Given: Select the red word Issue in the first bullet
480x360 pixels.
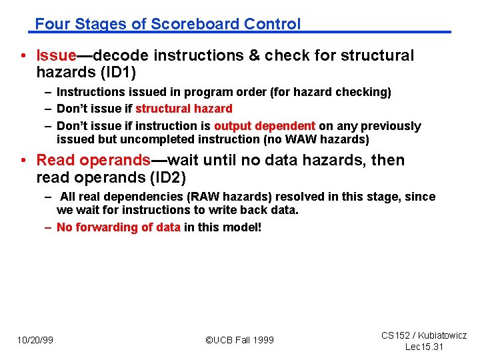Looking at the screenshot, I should pyautogui.click(x=56, y=55).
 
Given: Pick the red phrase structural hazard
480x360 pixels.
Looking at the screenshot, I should pyautogui.click(x=184, y=109).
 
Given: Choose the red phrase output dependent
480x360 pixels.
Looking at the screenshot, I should pyautogui.click(x=265, y=126).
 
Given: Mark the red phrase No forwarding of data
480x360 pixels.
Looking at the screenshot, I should pyautogui.click(x=118, y=227).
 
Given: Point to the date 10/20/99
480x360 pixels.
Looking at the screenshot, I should pyautogui.click(x=35, y=340).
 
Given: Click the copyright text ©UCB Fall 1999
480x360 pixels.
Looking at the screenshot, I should pyautogui.click(x=239, y=340).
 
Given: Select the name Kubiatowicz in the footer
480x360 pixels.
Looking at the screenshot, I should pyautogui.click(x=442, y=335).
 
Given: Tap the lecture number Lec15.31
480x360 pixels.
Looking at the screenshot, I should pyautogui.click(x=424, y=347).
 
